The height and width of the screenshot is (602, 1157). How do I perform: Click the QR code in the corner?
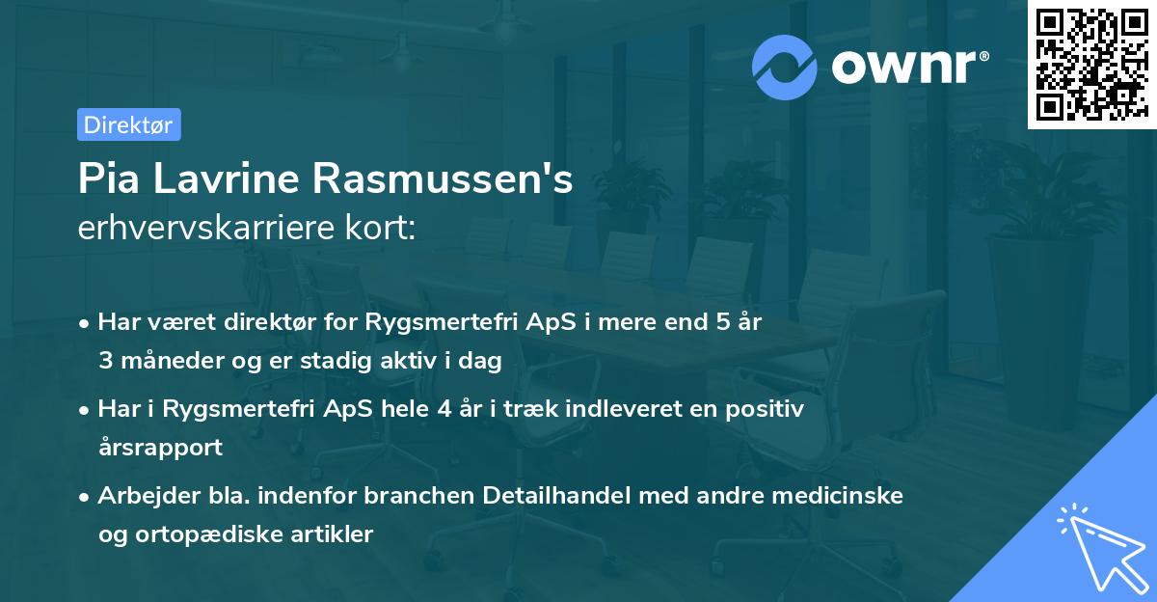pos(1090,64)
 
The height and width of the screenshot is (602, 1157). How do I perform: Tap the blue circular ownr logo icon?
pos(785,67)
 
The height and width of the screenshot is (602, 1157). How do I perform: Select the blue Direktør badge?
pos(128,124)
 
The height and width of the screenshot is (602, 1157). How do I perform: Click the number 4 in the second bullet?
pos(444,409)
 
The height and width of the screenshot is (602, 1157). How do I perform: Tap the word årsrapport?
pos(160,447)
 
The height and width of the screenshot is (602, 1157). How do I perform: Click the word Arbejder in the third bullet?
pos(142,496)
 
